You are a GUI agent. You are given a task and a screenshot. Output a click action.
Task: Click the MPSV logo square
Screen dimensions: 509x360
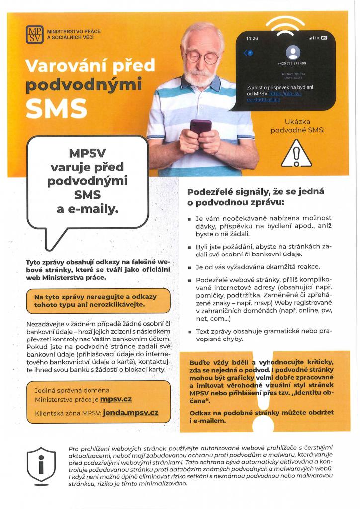35,35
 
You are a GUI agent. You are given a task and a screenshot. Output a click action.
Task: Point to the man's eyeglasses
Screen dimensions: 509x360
202,56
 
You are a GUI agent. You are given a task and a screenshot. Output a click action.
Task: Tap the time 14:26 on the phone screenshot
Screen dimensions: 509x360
253,38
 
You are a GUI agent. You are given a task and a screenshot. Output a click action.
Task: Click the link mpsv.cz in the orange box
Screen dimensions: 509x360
116,399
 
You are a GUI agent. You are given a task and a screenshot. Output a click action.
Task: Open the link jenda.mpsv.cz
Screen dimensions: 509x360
130,413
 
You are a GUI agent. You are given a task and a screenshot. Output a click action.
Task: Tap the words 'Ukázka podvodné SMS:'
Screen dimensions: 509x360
297,126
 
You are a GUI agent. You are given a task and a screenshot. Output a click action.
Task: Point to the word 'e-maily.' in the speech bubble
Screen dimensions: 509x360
88,209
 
